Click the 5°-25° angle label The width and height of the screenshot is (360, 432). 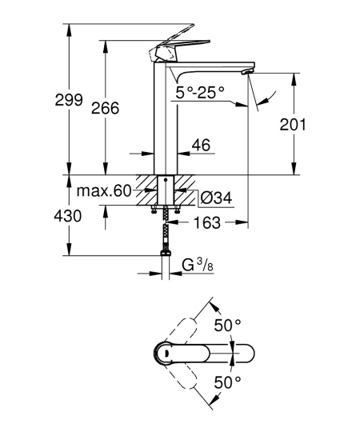(200, 93)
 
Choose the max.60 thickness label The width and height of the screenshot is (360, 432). (103, 192)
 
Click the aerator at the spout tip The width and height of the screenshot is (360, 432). (248, 74)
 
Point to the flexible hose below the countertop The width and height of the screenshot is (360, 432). (166, 232)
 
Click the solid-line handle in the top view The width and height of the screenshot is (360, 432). (208, 353)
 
